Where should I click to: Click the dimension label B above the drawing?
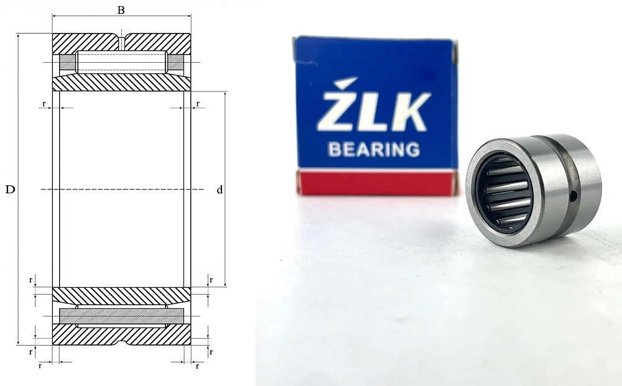pyautogui.click(x=121, y=9)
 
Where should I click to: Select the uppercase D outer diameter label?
pyautogui.click(x=10, y=190)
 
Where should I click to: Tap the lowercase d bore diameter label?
pyautogui.click(x=220, y=190)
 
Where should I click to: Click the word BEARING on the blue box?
pyautogui.click(x=374, y=149)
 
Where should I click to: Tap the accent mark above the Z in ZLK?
pyautogui.click(x=345, y=83)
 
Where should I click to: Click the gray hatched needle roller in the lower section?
pyautogui.click(x=121, y=316)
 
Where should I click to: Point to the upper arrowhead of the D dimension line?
pyautogui.click(x=19, y=37)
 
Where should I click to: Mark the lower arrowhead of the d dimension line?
pyautogui.click(x=225, y=283)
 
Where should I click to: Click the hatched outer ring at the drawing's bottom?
pyautogui.click(x=121, y=334)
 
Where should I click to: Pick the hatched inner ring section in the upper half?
pyautogui.click(x=121, y=83)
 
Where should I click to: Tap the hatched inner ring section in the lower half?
pyautogui.click(x=121, y=296)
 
